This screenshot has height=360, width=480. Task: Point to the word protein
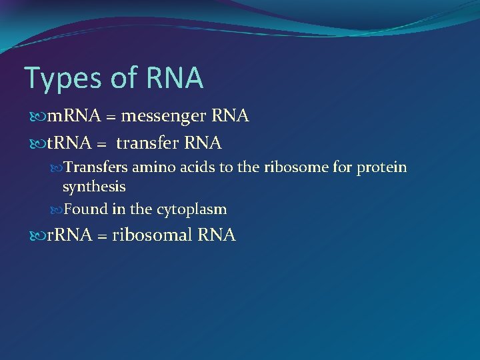tap(381, 167)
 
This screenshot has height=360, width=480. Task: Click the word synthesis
tap(94, 187)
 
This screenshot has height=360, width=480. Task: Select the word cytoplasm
tap(191, 210)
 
